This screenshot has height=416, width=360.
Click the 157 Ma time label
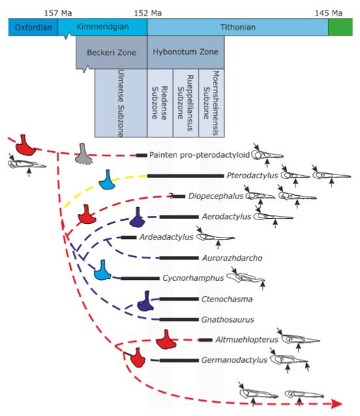tap(57, 12)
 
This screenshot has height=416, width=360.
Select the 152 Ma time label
tap(148, 12)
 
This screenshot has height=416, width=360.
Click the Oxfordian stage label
tap(31, 27)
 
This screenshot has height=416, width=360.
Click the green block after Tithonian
tap(340, 27)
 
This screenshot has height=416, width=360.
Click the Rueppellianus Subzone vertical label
tap(185, 103)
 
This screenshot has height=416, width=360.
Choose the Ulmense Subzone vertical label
tap(120, 103)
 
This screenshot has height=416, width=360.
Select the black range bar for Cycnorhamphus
tap(140, 278)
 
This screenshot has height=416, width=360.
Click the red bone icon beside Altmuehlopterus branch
tap(168, 340)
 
